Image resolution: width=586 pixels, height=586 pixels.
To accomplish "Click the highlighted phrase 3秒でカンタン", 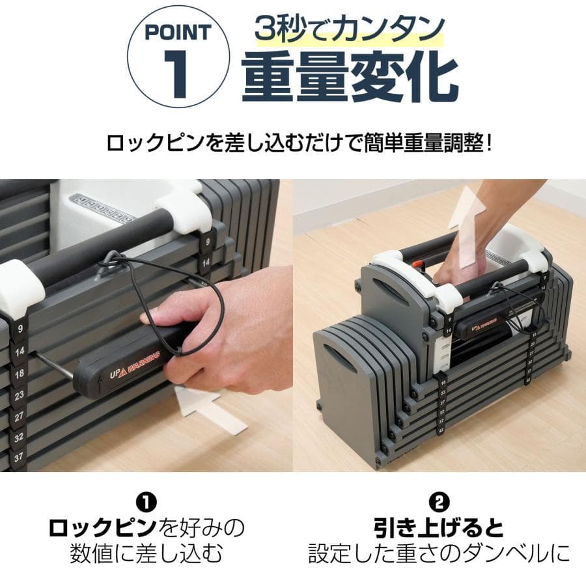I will (350, 30).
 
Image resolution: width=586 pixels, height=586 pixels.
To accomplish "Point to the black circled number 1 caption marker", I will (146, 502).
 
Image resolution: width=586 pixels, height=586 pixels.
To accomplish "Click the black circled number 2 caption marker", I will (439, 502).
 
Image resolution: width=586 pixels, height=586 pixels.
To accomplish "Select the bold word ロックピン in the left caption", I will (103, 526).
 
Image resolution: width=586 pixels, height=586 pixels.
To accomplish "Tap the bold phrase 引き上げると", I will (439, 526).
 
